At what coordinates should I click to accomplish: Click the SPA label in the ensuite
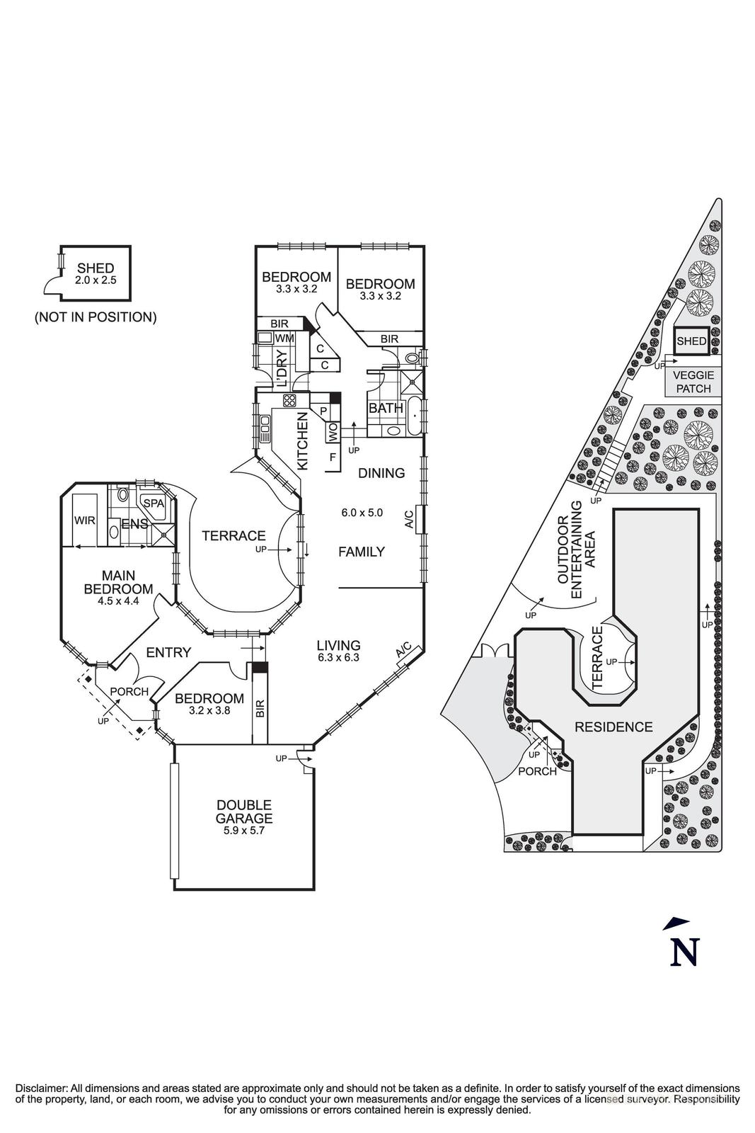click(x=154, y=502)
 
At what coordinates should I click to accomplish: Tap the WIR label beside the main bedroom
click(x=84, y=520)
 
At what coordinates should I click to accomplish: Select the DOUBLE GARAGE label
click(x=244, y=812)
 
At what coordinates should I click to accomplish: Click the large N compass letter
click(x=684, y=951)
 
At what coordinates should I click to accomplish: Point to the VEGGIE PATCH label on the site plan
click(x=693, y=382)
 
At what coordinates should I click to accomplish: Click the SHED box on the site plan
click(x=691, y=341)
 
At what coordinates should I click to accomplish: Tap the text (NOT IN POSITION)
click(x=96, y=317)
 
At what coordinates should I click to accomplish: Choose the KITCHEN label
click(x=302, y=441)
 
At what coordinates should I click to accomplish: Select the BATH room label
click(x=386, y=409)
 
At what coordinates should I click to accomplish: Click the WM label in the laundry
click(x=284, y=338)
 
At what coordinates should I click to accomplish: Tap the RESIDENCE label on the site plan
click(x=613, y=727)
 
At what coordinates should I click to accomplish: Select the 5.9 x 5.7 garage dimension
click(x=244, y=831)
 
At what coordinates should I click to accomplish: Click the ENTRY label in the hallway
click(x=168, y=653)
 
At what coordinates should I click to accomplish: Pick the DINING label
click(x=381, y=473)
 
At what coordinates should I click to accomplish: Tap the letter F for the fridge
click(x=333, y=457)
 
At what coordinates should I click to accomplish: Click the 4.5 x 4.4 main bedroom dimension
click(x=118, y=600)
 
